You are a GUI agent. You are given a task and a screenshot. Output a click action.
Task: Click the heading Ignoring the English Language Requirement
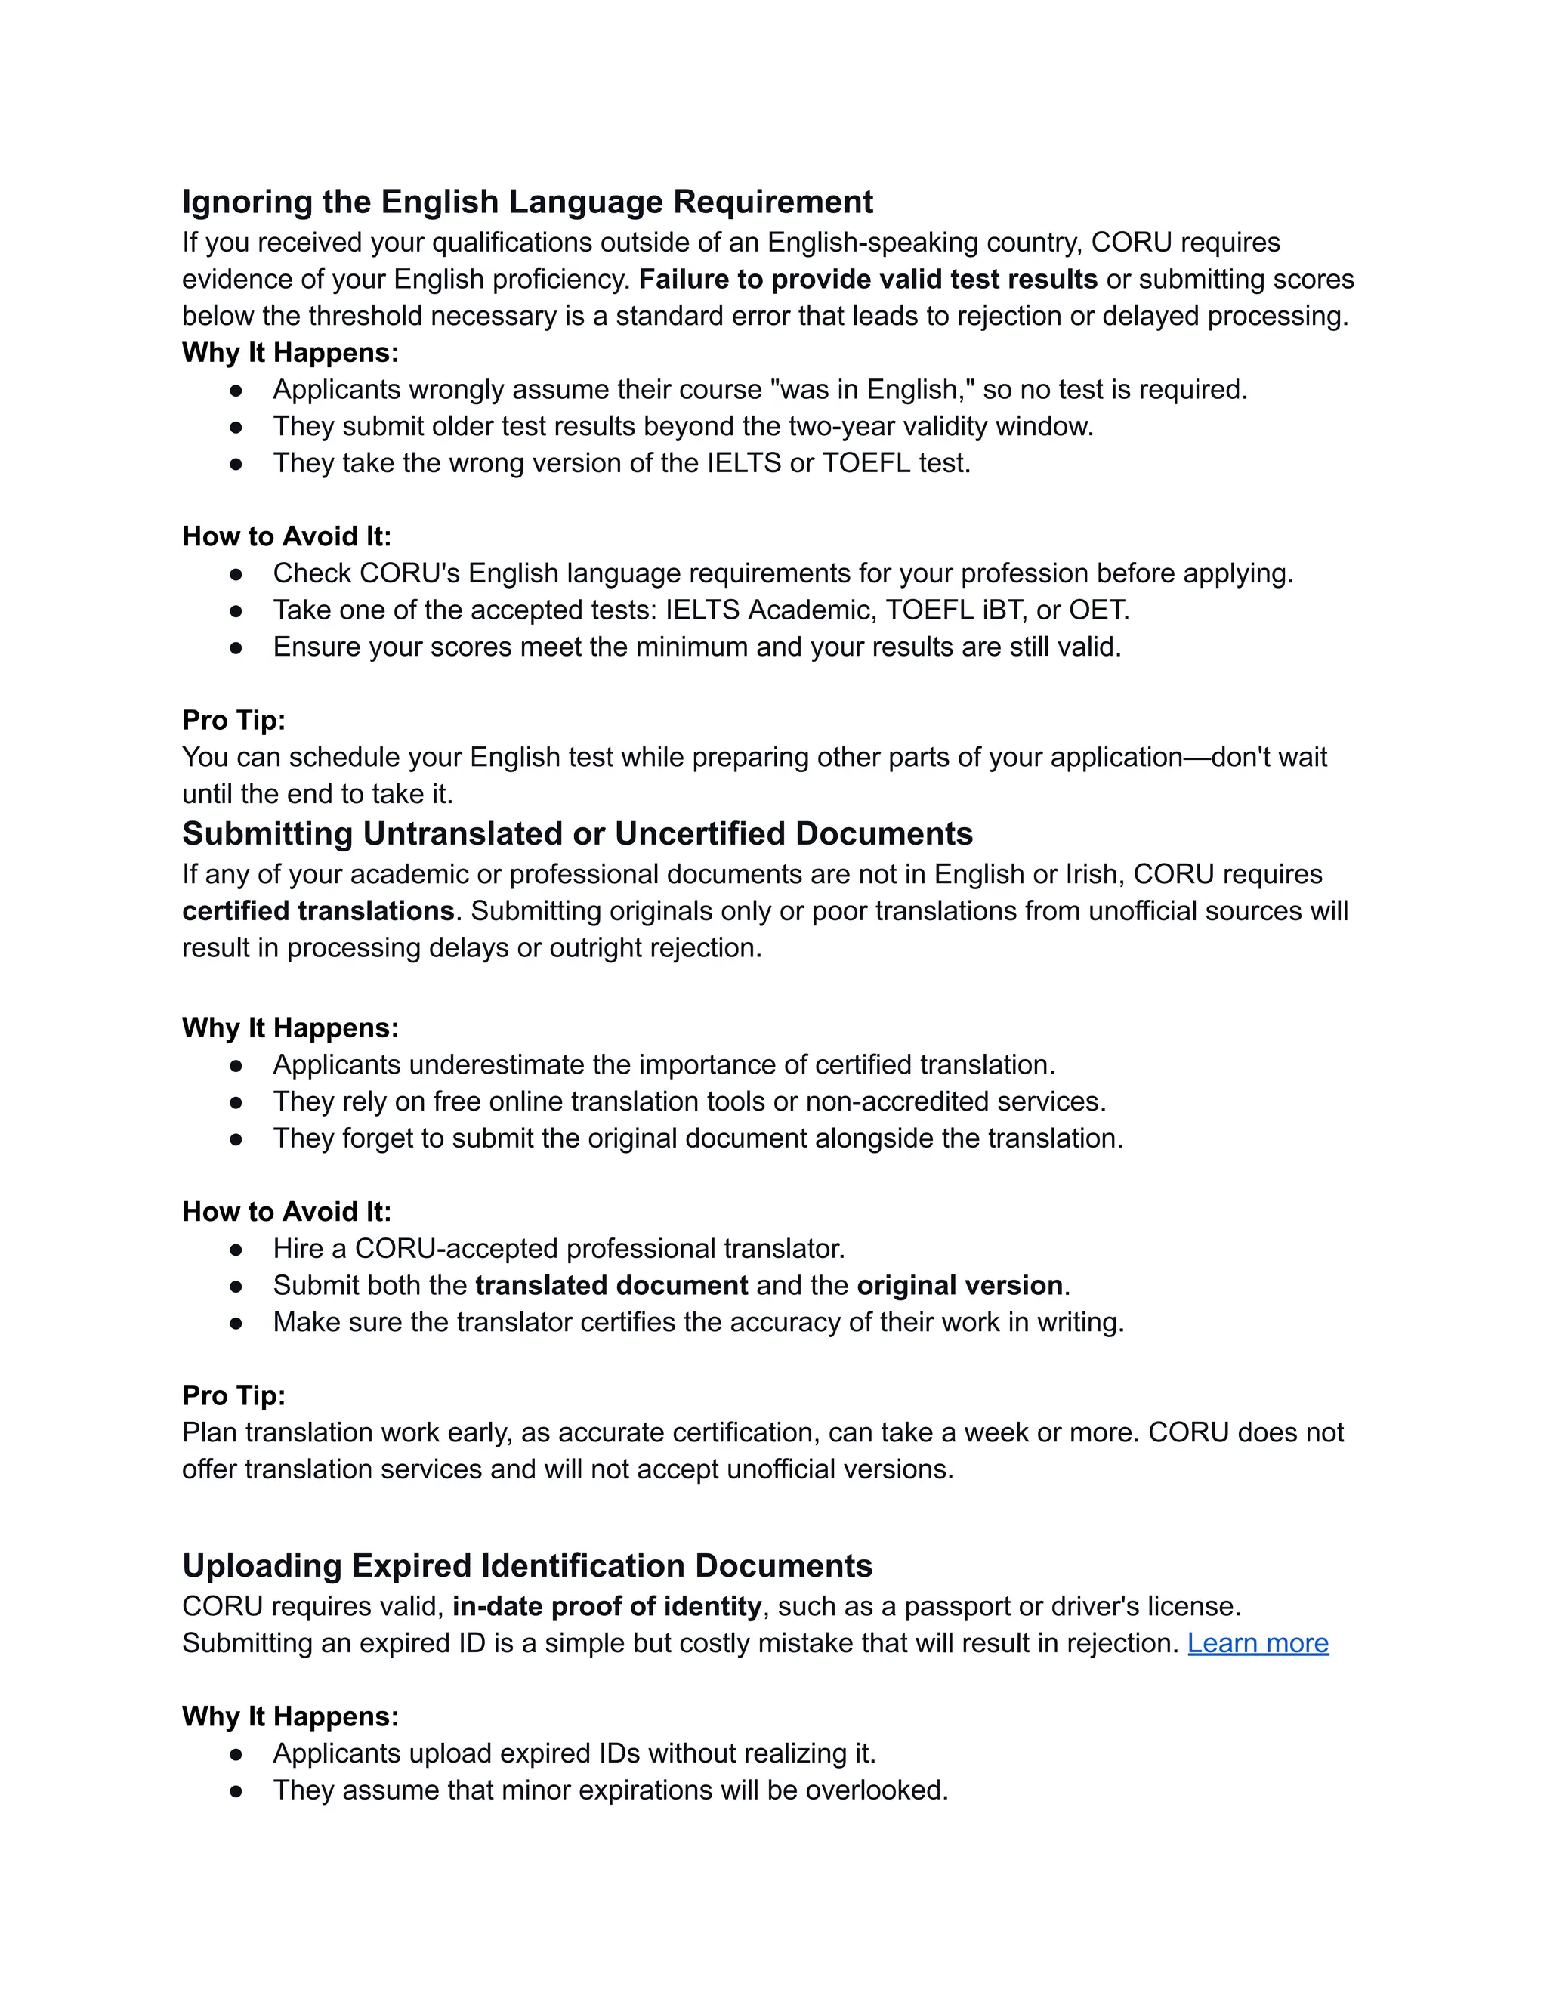[527, 202]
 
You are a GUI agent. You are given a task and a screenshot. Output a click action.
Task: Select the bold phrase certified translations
[318, 910]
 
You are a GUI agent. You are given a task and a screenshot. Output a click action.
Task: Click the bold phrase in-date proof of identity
[607, 1606]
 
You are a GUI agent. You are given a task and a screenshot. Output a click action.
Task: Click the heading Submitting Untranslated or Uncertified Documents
[577, 833]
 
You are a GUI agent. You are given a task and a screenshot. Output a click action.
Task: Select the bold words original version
[959, 1285]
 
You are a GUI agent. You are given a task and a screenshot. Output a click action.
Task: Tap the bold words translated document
[611, 1285]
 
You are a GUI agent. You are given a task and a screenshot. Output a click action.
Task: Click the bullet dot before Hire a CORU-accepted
[236, 1250]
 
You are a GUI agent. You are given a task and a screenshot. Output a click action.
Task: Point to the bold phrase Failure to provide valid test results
[868, 279]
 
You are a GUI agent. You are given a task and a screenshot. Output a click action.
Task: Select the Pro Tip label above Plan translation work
[233, 1395]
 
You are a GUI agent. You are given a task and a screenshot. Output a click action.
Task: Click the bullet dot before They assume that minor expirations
[236, 1791]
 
